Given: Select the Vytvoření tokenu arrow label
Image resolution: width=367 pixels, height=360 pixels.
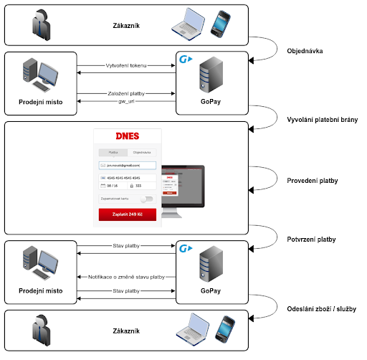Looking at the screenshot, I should pos(126,65).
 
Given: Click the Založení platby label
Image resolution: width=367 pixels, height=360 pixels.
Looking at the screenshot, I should pos(126,93).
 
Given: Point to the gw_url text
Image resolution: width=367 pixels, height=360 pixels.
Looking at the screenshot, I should pos(126,103).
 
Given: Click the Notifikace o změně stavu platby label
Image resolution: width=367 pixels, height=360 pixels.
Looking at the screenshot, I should pos(126,277).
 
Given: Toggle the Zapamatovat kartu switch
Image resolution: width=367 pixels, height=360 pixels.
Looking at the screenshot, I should pos(146,199).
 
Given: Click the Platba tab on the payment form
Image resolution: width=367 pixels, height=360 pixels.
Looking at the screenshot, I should pos(113,152).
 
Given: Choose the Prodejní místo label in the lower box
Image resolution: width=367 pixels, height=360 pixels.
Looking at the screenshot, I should pos(40,293).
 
